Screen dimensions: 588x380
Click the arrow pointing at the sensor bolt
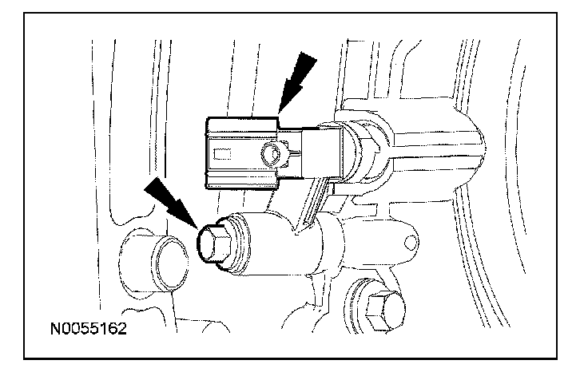click(170, 199)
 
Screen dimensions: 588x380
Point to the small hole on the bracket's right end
click(409, 239)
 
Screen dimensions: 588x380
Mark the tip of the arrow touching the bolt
click(197, 228)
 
